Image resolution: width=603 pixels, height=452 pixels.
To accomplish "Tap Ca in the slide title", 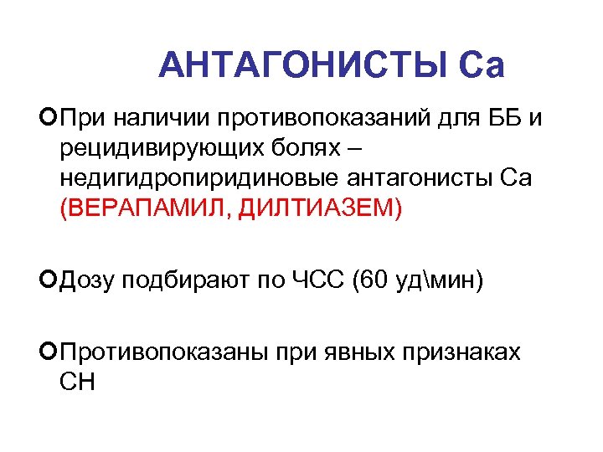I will [x=482, y=65].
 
